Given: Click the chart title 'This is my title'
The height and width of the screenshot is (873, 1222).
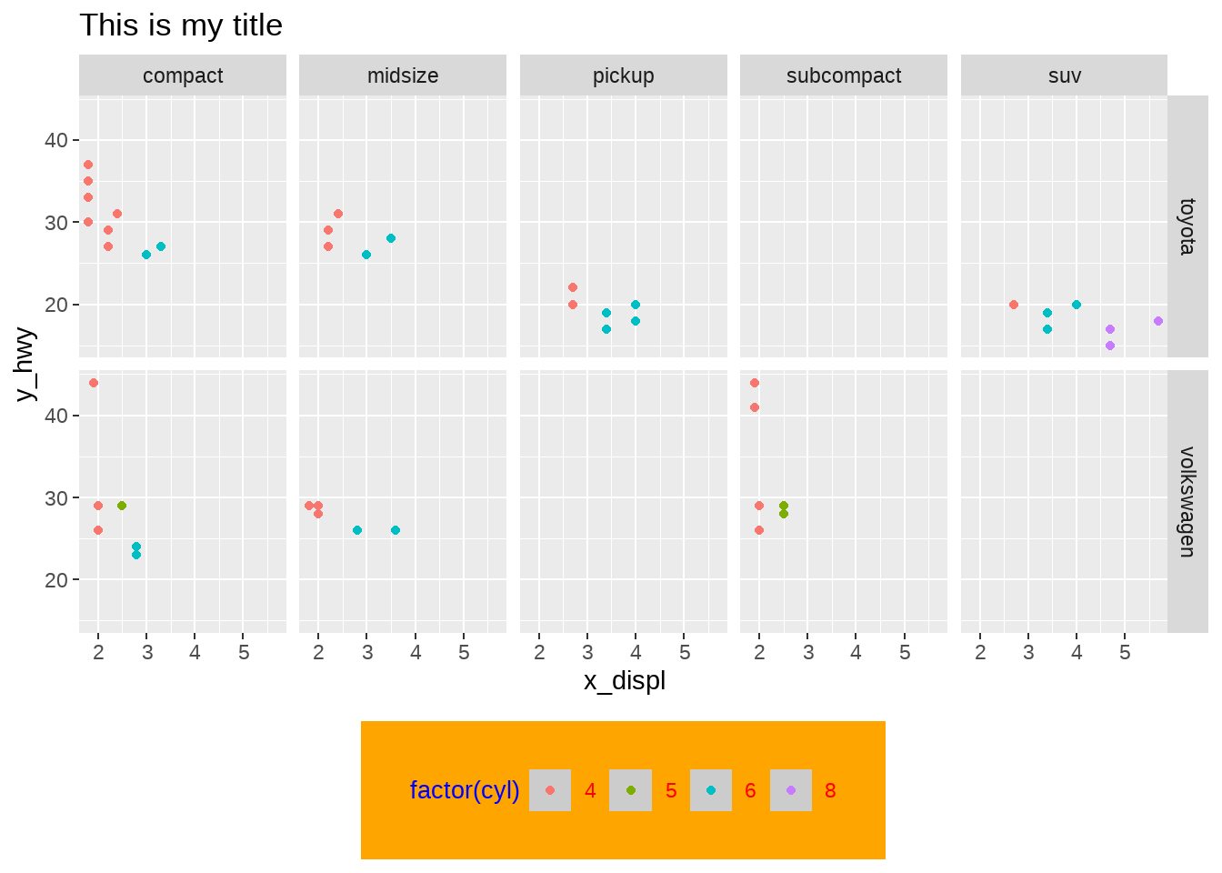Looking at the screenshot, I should tap(181, 25).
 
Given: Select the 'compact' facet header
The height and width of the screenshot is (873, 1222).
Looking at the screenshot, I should tap(183, 75).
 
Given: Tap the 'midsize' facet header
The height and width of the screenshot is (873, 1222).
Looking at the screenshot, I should tap(403, 75).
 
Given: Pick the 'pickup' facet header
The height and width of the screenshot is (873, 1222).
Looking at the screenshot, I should tap(624, 75).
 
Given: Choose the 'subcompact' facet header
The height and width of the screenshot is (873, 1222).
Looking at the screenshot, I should tap(844, 75).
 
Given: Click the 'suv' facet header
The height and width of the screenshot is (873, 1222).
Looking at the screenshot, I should tap(1065, 75).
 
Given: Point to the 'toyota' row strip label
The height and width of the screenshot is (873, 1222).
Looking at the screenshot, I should tap(1187, 226).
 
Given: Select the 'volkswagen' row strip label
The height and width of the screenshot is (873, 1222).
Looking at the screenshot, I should tap(1187, 501).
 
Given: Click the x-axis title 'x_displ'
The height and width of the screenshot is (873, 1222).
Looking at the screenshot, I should tap(625, 680).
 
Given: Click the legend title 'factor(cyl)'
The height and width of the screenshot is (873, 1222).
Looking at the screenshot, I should tap(465, 790).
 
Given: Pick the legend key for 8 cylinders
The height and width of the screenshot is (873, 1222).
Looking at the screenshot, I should tap(791, 790).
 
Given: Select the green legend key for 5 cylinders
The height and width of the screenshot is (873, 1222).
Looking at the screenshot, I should tap(631, 790).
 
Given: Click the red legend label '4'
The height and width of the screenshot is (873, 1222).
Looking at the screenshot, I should tap(590, 790).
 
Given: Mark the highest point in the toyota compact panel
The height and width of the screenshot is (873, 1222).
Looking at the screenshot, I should tap(88, 165).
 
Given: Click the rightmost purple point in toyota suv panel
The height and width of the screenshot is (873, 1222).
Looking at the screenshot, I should tap(1158, 321).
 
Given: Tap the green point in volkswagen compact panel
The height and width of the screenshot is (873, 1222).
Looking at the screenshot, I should tap(122, 506).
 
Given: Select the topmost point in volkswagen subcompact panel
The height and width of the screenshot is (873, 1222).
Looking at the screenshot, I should tap(755, 383).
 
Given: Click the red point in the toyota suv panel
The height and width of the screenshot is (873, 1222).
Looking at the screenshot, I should tap(1014, 305).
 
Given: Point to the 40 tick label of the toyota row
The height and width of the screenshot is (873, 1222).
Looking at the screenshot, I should tap(56, 140).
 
